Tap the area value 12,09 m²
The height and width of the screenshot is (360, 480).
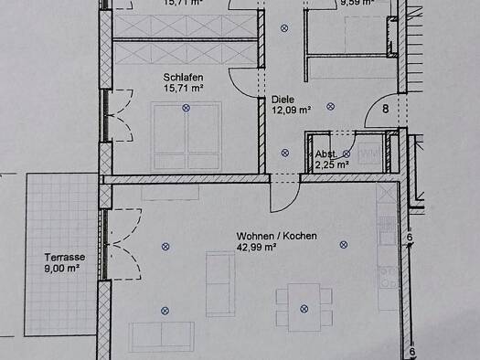pyautogui.click(x=291, y=109)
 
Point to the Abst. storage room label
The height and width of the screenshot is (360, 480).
pyautogui.click(x=325, y=154)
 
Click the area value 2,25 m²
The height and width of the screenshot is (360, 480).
pyautogui.click(x=331, y=164)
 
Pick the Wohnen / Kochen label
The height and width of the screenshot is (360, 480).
pyautogui.click(x=276, y=236)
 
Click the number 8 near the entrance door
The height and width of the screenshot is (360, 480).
pyautogui.click(x=385, y=109)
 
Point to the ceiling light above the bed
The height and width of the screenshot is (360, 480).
pyautogui.click(x=187, y=108)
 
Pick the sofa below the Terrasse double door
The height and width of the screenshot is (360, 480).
pyautogui.click(x=161, y=336)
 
